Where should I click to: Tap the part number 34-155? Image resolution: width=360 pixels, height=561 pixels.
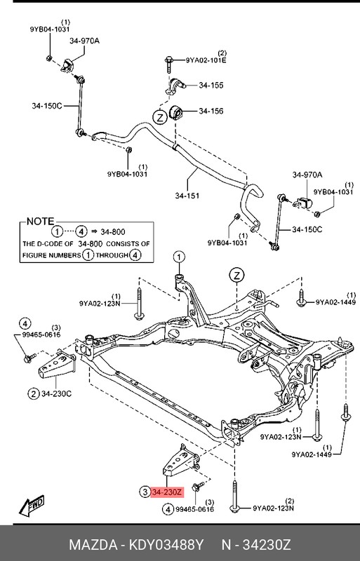[211, 86]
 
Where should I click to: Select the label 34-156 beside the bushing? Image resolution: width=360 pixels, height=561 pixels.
[211, 111]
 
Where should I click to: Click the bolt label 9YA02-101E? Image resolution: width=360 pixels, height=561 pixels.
[206, 60]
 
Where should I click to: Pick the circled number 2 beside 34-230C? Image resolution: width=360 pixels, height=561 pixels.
[32, 393]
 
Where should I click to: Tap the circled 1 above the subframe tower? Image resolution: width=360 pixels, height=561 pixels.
[179, 257]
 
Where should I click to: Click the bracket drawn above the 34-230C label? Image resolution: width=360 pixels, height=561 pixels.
[58, 365]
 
